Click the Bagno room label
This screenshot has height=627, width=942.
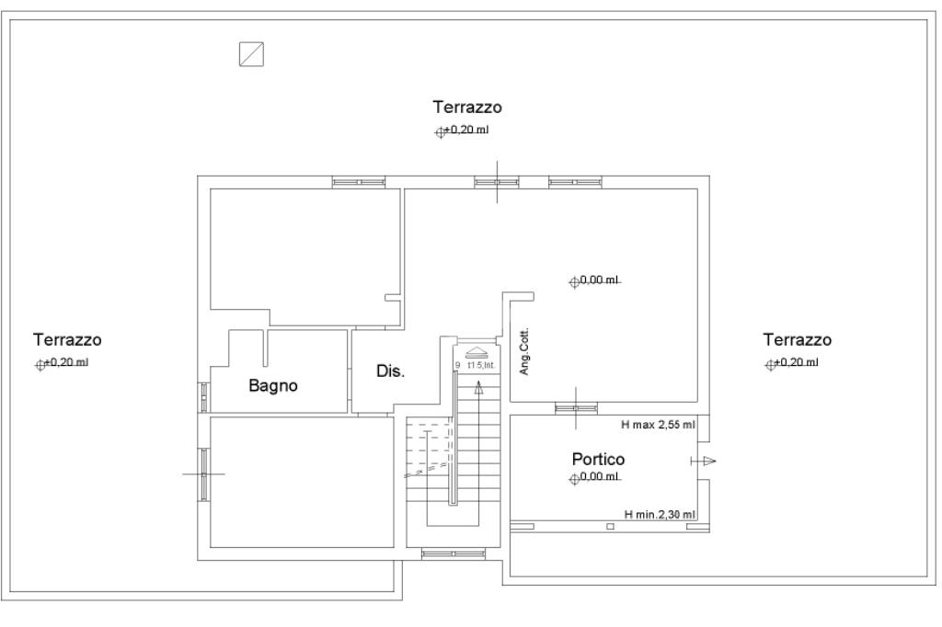click(273, 386)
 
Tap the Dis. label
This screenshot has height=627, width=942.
click(391, 372)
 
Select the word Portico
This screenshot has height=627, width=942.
click(598, 459)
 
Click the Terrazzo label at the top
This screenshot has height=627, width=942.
click(467, 108)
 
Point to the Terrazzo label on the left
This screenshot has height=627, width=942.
click(67, 340)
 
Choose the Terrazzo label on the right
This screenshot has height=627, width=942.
click(797, 340)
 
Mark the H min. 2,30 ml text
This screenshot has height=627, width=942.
click(660, 515)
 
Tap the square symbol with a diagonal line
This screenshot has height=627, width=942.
click(251, 54)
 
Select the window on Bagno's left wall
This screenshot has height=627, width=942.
click(203, 396)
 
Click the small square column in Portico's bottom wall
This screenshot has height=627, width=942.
click(609, 527)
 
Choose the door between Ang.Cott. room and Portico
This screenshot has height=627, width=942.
click(576, 407)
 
